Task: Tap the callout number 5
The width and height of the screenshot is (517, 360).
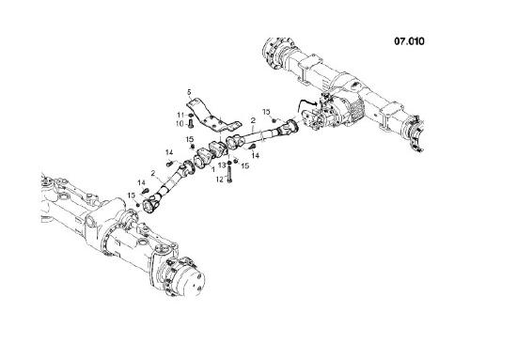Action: tap(188, 92)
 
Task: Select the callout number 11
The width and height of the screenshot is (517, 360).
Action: tap(180, 114)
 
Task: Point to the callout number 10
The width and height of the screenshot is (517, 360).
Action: tap(180, 123)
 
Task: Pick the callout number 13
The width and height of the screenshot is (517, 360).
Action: tap(223, 164)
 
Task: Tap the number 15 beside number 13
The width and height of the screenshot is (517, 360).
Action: tap(244, 165)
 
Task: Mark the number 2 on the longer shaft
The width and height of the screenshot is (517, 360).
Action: tap(254, 120)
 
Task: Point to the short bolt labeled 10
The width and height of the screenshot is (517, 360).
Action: tap(191, 123)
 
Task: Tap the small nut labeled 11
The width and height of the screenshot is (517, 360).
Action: tap(191, 114)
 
